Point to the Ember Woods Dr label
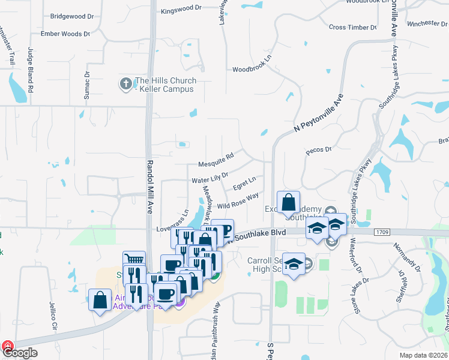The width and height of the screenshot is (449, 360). pos(65,34)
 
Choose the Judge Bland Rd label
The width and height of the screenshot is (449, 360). pos(30,67)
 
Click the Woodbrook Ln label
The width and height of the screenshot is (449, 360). pos(252,68)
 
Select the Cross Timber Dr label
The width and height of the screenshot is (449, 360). pos(353,28)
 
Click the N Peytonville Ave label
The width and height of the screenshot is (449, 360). pos(319,113)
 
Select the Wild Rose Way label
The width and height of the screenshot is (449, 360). pos(238,201)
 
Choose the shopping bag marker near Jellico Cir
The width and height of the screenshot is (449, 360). pos(100,299)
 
